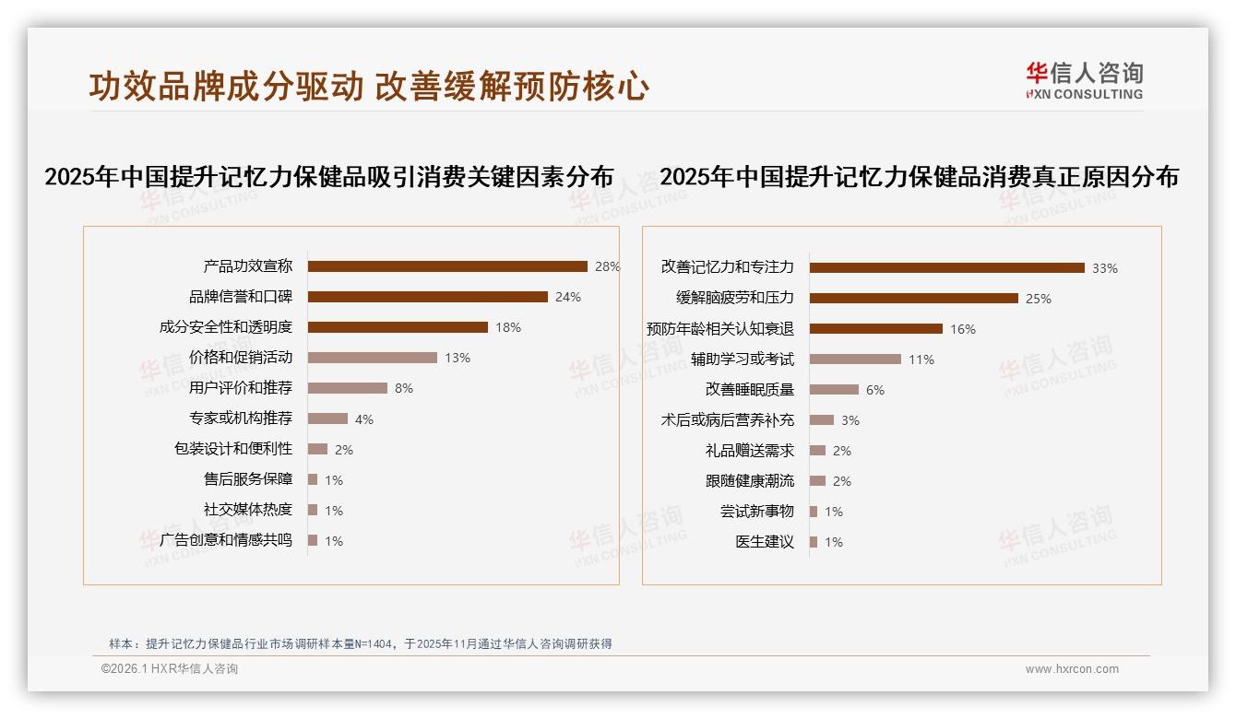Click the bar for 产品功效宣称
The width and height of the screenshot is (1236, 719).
447,266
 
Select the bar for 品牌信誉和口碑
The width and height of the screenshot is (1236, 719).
428,297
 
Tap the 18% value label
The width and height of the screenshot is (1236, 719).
508,327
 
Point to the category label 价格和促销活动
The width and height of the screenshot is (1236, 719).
241,358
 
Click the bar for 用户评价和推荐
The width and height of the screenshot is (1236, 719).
348,388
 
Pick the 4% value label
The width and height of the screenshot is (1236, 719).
364,419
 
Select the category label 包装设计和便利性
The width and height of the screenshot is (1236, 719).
233,449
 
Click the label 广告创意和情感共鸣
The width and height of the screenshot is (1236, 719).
226,540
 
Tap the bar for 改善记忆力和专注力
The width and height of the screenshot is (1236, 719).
947,267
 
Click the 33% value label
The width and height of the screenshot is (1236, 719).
1105,268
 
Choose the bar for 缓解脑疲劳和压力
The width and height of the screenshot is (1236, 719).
914,298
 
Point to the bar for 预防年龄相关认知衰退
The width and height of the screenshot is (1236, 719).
876,328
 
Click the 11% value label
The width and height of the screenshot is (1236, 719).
921,359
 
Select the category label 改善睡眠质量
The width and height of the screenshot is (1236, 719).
750,389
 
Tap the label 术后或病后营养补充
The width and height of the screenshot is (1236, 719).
728,419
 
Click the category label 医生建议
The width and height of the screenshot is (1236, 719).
765,542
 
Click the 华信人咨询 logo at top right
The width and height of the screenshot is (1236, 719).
1084,80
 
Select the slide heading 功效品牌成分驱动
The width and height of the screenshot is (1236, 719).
226,87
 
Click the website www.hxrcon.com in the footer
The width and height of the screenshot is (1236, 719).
1072,669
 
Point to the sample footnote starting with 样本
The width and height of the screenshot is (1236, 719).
360,644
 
